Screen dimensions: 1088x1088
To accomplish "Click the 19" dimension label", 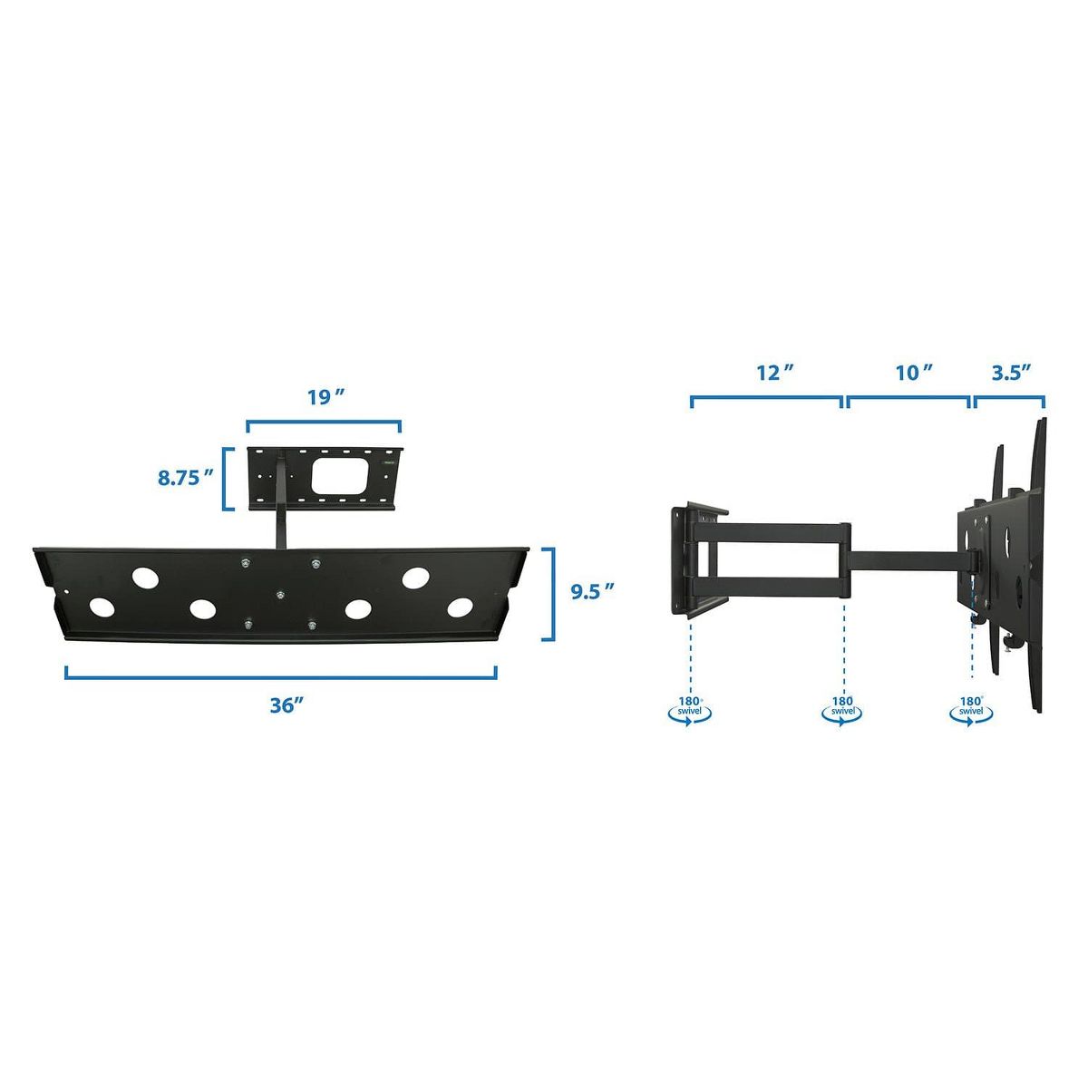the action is [x=325, y=397].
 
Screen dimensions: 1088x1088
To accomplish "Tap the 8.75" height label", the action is [x=185, y=478].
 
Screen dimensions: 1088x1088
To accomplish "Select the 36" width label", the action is [x=287, y=705].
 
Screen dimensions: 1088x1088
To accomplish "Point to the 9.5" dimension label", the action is [x=591, y=592].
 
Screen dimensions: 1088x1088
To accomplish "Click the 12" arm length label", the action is [x=774, y=373].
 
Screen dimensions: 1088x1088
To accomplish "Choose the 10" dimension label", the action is [x=914, y=373].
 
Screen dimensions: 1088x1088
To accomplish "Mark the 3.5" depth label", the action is [x=1012, y=373].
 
